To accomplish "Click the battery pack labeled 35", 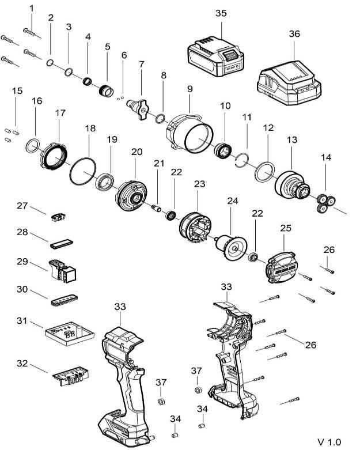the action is pos(216,56).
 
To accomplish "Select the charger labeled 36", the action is pos(289,83).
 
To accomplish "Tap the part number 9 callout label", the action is pos(190,89).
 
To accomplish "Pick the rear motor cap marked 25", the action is pos(281,267).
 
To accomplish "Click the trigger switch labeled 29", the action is pos(63,271).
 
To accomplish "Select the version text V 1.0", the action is pos(329,441).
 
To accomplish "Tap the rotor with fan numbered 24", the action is pos(231,247).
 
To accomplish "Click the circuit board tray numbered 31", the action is pos(70,335).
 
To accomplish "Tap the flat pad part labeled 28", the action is pos(62,244).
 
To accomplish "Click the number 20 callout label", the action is pos(137,152).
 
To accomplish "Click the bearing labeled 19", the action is pos(105,182).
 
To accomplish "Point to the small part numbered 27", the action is pos(59,217).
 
